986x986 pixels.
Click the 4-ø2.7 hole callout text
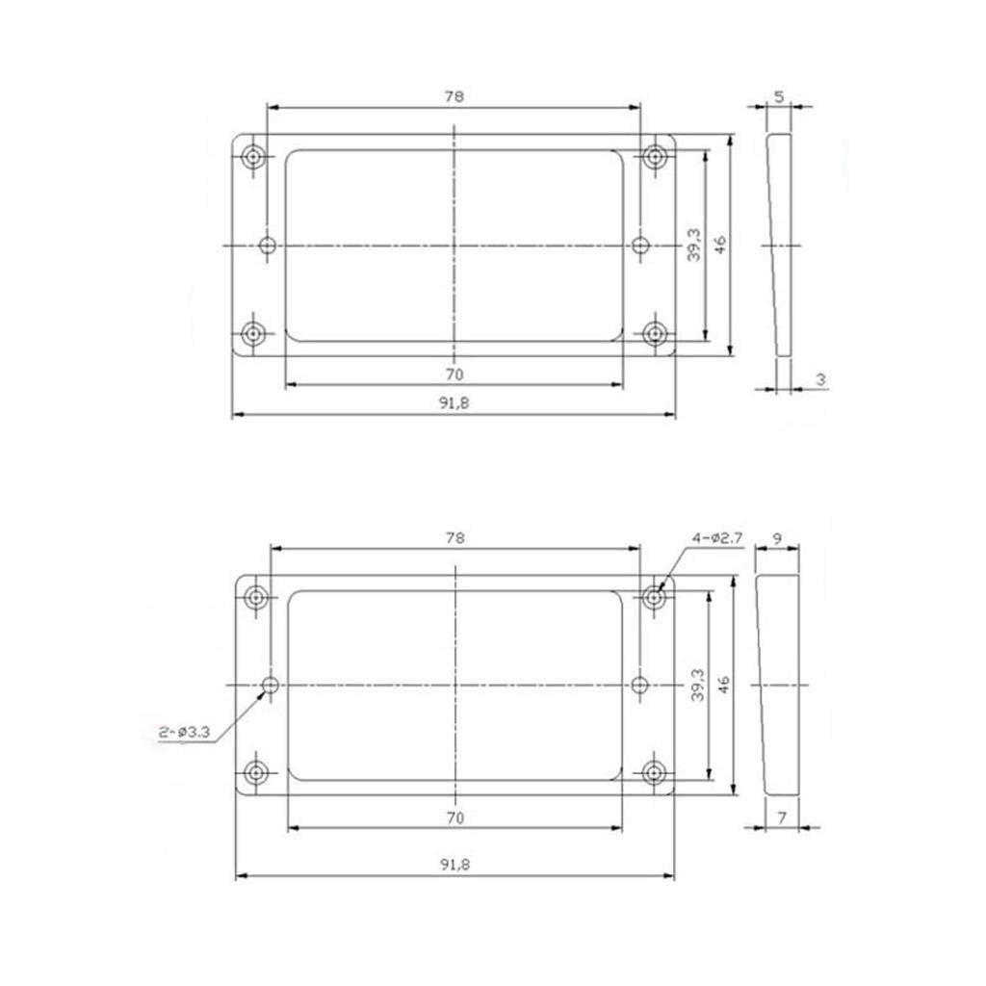click(716, 538)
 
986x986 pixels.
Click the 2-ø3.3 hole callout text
click(184, 732)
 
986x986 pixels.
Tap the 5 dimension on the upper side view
click(779, 97)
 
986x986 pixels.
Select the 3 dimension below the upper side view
click(820, 379)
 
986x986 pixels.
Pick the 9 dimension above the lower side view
click(777, 538)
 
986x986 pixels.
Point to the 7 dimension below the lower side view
click(782, 818)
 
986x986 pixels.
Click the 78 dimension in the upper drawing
click(454, 96)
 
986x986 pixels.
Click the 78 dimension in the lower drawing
click(455, 537)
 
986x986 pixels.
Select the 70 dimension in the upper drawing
click(454, 375)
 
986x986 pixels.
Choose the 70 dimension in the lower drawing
click(455, 817)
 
